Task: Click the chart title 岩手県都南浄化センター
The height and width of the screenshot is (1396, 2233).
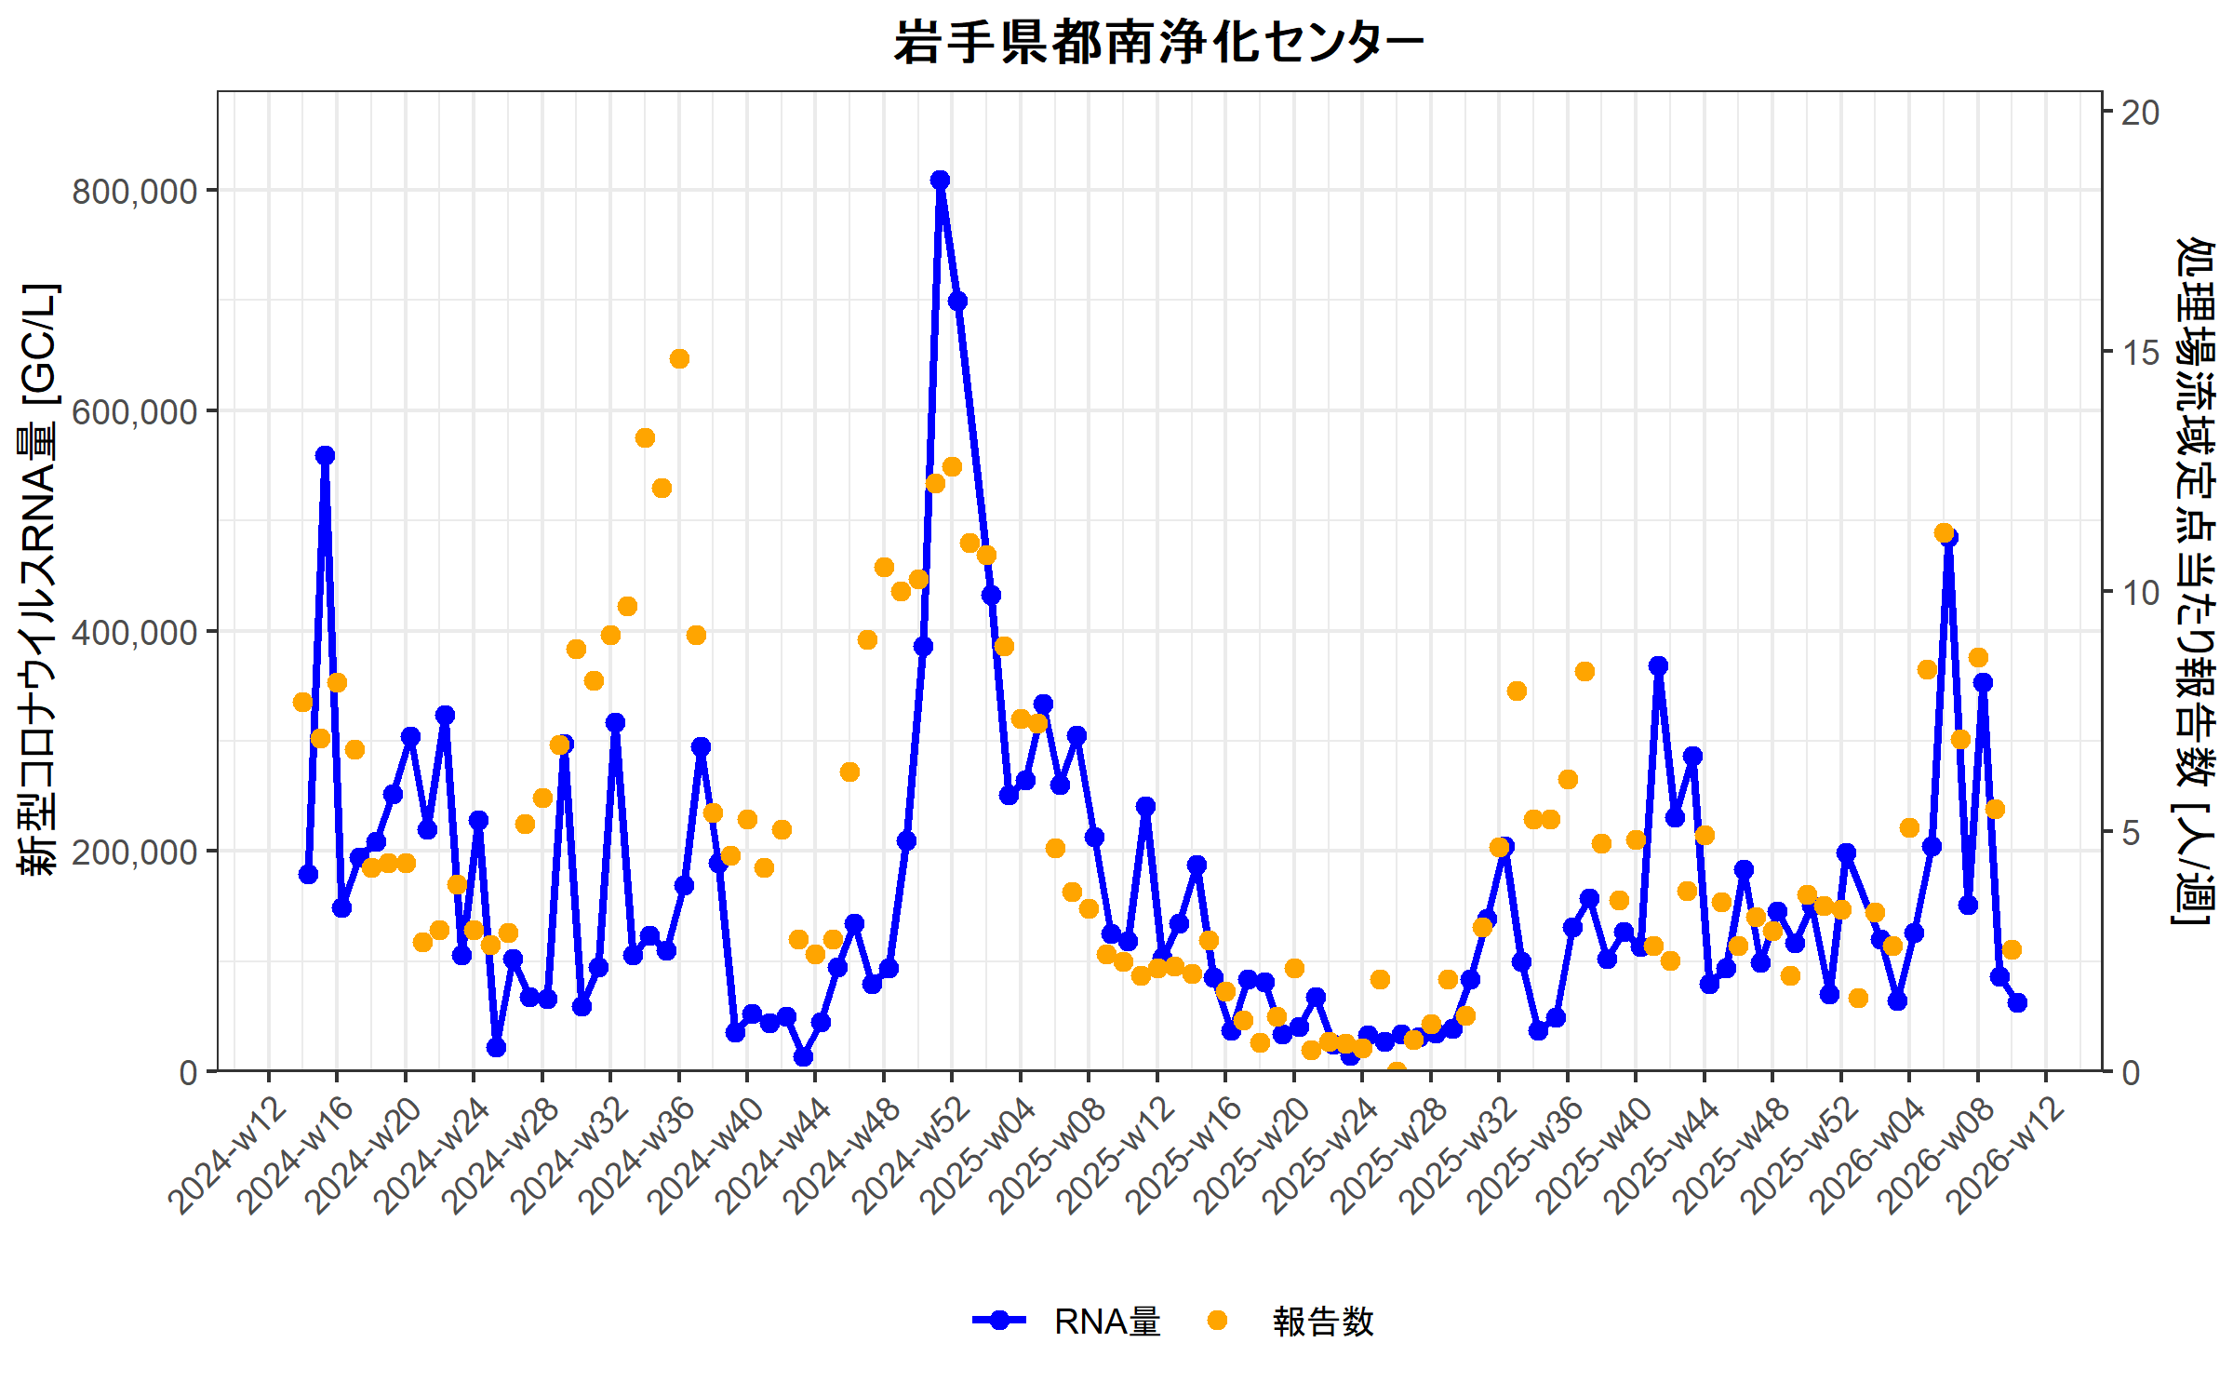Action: pos(1158,43)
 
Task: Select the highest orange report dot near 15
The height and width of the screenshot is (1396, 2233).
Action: pos(679,358)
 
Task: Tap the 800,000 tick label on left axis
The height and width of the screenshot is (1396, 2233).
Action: pos(135,192)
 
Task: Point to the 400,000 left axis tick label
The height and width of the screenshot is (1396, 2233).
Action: pos(135,632)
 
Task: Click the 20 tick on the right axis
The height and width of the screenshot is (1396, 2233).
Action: pos(2141,113)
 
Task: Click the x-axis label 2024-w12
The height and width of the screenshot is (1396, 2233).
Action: pos(228,1157)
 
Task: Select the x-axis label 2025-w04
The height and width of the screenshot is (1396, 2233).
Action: pos(980,1157)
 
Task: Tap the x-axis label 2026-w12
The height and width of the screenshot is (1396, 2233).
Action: pos(2005,1157)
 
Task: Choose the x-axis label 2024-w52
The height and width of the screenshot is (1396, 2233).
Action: pos(912,1157)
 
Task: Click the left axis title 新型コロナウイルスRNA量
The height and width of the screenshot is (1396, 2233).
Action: pos(39,577)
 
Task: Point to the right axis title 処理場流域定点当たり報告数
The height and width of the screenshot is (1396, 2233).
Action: pos(2195,582)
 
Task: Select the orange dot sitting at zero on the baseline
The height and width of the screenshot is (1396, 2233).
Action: pos(1397,1071)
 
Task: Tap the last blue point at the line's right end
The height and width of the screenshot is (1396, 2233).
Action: pos(2017,1002)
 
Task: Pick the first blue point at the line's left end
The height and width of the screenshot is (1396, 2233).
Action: pos(308,874)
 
